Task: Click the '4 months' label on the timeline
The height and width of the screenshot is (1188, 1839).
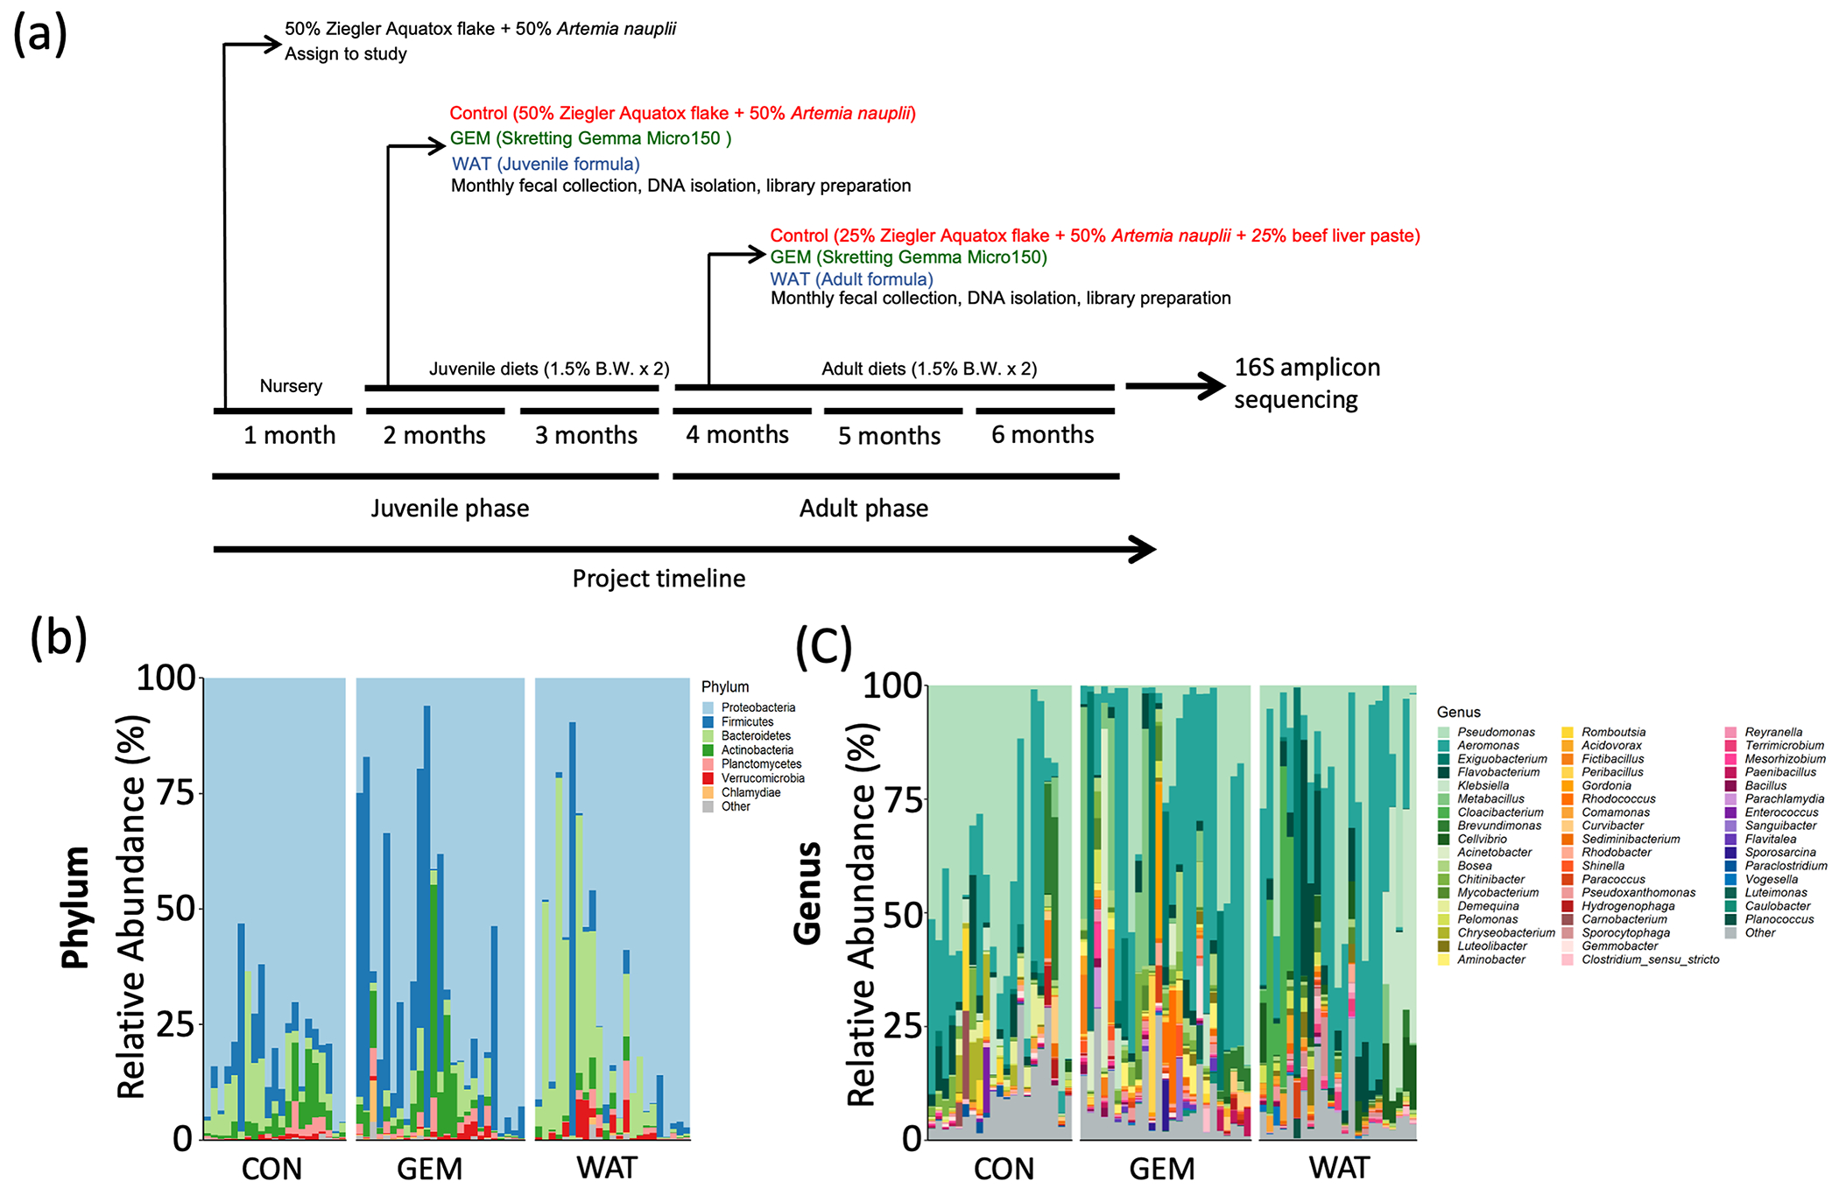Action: pyautogui.click(x=737, y=435)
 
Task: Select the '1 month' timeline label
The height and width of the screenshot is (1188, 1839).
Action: pyautogui.click(x=289, y=435)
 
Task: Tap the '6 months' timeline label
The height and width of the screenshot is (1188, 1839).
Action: pyautogui.click(x=1042, y=435)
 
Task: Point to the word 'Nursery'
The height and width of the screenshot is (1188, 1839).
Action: pyautogui.click(x=291, y=386)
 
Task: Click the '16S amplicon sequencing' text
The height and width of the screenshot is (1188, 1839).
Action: pyautogui.click(x=1306, y=383)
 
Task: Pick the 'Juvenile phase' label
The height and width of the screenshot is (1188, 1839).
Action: pyautogui.click(x=449, y=509)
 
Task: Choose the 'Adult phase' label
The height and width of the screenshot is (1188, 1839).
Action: pyautogui.click(x=863, y=509)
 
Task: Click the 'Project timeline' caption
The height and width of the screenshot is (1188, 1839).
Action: pyautogui.click(x=659, y=579)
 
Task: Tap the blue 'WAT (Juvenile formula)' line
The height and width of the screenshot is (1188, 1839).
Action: pyautogui.click(x=546, y=164)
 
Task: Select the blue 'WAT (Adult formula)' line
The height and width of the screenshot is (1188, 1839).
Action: pyautogui.click(x=851, y=279)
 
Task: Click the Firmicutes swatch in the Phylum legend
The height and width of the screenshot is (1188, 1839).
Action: pyautogui.click(x=708, y=722)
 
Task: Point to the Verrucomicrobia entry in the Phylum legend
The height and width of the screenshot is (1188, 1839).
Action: pyautogui.click(x=762, y=778)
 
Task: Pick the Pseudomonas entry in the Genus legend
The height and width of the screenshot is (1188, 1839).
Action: pyautogui.click(x=1496, y=732)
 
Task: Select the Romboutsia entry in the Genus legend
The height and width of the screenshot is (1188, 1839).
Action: pyautogui.click(x=1613, y=732)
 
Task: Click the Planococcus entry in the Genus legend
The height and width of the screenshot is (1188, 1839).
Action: pyautogui.click(x=1779, y=919)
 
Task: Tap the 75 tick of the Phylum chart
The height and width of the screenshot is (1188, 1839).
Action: pyautogui.click(x=175, y=793)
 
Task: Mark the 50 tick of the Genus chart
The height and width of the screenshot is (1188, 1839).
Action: pyautogui.click(x=902, y=916)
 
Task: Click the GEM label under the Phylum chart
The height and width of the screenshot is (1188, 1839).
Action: pyautogui.click(x=429, y=1169)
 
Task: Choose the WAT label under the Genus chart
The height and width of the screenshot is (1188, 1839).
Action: pyautogui.click(x=1340, y=1168)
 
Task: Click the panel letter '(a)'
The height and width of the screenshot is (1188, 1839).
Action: pyautogui.click(x=39, y=35)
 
